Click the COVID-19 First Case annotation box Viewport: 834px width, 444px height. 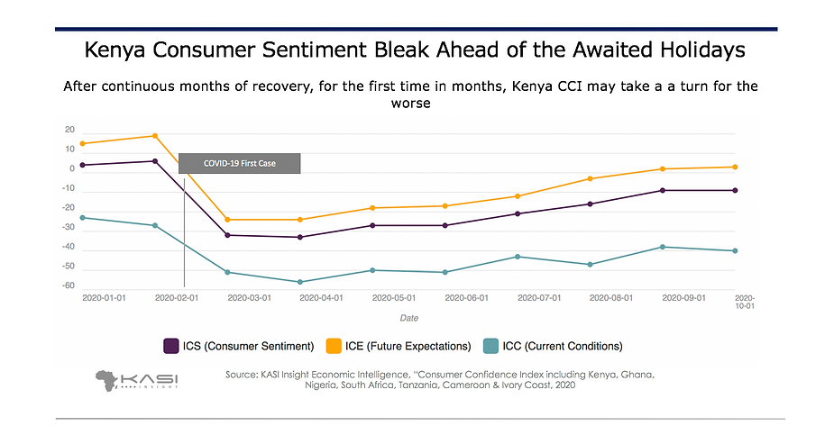(239, 163)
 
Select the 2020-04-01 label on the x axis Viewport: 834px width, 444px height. (320, 296)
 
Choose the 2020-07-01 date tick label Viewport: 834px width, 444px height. (538, 296)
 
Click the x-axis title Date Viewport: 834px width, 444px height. (409, 317)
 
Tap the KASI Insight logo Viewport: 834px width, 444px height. (136, 378)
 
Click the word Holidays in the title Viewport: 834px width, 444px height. (701, 49)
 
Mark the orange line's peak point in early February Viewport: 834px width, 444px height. (155, 136)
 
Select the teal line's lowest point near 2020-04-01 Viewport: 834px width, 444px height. (300, 282)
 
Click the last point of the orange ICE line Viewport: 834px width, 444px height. (736, 167)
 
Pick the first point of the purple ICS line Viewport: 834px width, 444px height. (82, 165)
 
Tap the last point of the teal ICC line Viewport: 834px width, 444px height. (736, 250)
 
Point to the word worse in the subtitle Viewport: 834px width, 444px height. (416, 104)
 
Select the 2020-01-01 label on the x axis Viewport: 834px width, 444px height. (104, 296)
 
